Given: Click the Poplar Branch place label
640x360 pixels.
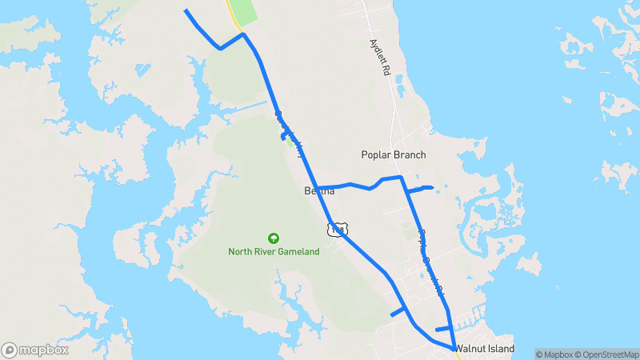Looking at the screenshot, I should (x=393, y=154).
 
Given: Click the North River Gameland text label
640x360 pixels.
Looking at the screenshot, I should (x=274, y=251).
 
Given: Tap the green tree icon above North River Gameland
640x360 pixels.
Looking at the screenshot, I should (x=274, y=238).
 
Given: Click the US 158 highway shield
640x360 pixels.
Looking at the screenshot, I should (x=337, y=230).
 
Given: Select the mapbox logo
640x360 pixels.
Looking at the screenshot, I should (x=34, y=350).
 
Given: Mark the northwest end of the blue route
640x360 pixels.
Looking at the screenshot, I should (x=186, y=10).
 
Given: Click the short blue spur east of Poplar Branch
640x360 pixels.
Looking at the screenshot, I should (x=420, y=189).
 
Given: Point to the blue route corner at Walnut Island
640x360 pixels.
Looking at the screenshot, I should (x=454, y=349).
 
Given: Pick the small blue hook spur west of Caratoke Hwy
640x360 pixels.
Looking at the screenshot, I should (x=284, y=137).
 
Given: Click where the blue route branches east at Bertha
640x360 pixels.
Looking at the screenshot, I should (x=318, y=188).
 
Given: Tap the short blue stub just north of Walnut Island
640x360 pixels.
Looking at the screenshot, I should (x=443, y=329).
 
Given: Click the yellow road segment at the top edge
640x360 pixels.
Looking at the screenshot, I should (x=232, y=12).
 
